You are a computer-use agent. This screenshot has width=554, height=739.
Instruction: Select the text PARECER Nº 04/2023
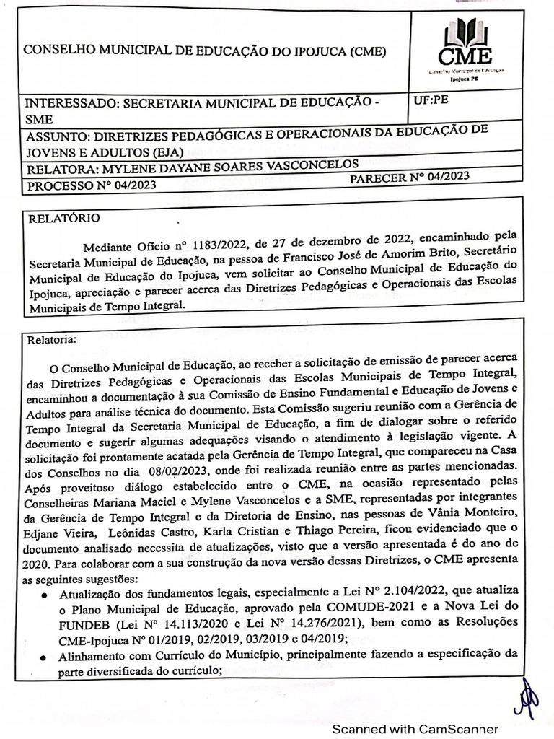409,176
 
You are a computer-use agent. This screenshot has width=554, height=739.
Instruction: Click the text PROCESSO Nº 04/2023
91,185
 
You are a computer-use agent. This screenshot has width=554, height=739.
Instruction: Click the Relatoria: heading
56,338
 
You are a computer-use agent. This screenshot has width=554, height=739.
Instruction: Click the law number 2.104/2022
386,592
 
